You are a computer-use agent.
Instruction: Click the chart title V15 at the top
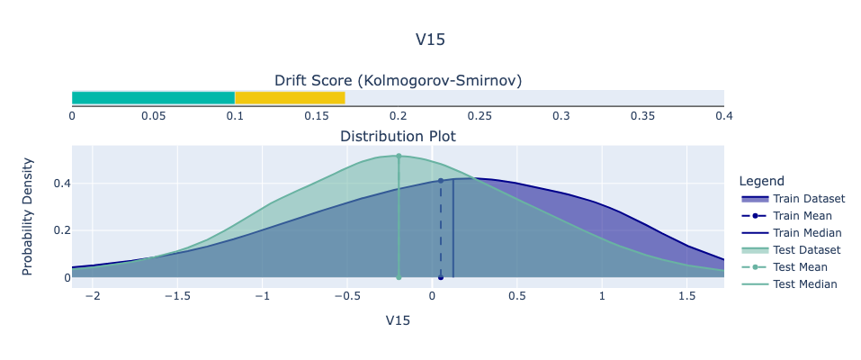pyautogui.click(x=430, y=40)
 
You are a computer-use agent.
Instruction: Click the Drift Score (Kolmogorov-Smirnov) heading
pyautogui.click(x=398, y=81)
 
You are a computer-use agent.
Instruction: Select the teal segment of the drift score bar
pyautogui.click(x=153, y=97)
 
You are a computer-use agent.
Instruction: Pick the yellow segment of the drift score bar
pyautogui.click(x=290, y=97)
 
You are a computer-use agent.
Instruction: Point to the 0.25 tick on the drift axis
pyautogui.click(x=480, y=116)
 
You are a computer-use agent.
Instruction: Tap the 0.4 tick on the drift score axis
pyautogui.click(x=723, y=116)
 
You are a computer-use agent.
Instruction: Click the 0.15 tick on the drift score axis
pyautogui.click(x=317, y=116)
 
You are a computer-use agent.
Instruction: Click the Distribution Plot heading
pyautogui.click(x=398, y=137)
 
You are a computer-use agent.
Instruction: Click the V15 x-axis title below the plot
pyautogui.click(x=398, y=320)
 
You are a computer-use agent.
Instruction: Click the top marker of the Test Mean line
pyautogui.click(x=399, y=156)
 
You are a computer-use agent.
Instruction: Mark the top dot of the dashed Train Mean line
pyautogui.click(x=440, y=181)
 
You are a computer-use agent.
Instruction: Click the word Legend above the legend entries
pyautogui.click(x=760, y=181)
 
